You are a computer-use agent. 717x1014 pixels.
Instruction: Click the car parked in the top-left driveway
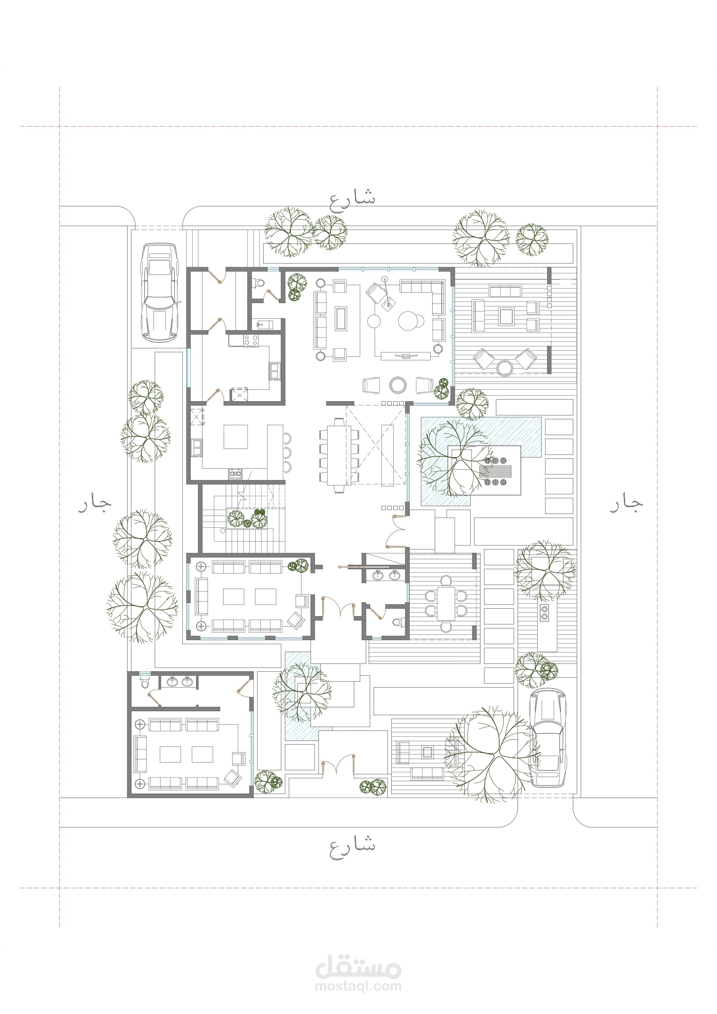[x=159, y=292]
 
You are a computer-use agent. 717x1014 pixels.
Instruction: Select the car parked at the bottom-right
[x=548, y=737]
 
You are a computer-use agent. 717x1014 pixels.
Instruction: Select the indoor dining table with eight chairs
[x=339, y=454]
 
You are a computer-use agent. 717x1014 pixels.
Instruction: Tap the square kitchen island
[x=235, y=436]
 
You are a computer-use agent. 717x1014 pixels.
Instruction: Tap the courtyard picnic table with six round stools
[x=494, y=471]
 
